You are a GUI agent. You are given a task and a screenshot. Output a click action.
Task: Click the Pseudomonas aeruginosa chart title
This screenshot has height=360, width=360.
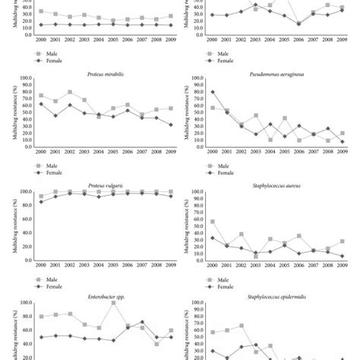pos(271,71)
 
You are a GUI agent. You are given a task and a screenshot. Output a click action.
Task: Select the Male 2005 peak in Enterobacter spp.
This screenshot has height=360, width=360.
pos(113,303)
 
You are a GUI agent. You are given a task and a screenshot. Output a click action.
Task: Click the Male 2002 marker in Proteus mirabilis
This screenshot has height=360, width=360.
pos(70,93)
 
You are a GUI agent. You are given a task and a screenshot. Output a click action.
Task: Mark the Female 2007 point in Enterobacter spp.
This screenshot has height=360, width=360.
pos(142,322)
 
